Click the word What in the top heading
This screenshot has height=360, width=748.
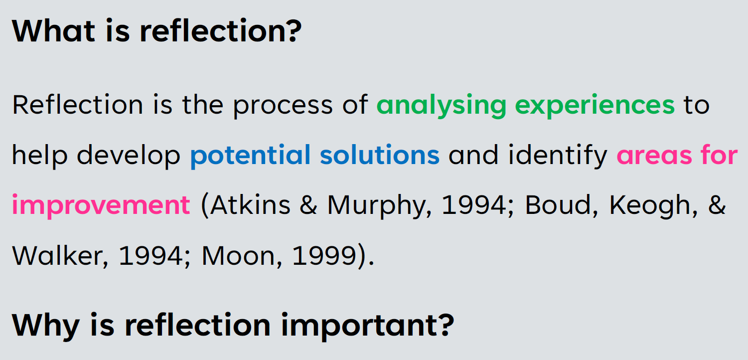coord(54,31)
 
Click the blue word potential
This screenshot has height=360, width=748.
coord(251,155)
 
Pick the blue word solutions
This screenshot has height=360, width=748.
coord(380,155)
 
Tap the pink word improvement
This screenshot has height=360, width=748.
coord(101,205)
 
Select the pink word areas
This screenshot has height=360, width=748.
coord(654,156)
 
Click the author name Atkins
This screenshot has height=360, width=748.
coord(251,204)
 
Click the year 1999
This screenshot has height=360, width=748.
coord(324,256)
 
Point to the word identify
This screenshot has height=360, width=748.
coord(558,156)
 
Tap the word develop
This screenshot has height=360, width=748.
coord(129,156)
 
